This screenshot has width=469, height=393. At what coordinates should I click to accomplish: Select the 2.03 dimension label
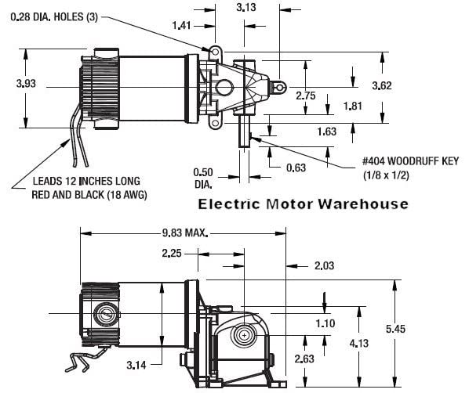pyautogui.click(x=324, y=267)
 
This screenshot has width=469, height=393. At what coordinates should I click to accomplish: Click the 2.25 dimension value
pyautogui.click(x=173, y=253)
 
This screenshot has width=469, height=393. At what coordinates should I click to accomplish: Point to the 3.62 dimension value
pyautogui.click(x=380, y=85)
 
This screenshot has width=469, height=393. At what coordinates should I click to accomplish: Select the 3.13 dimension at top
pyautogui.click(x=245, y=8)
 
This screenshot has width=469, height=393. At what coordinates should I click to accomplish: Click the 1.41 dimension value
pyautogui.click(x=180, y=26)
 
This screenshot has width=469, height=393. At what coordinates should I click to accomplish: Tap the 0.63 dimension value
pyautogui.click(x=296, y=166)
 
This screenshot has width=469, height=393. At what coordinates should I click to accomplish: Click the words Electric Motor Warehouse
pyautogui.click(x=303, y=204)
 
